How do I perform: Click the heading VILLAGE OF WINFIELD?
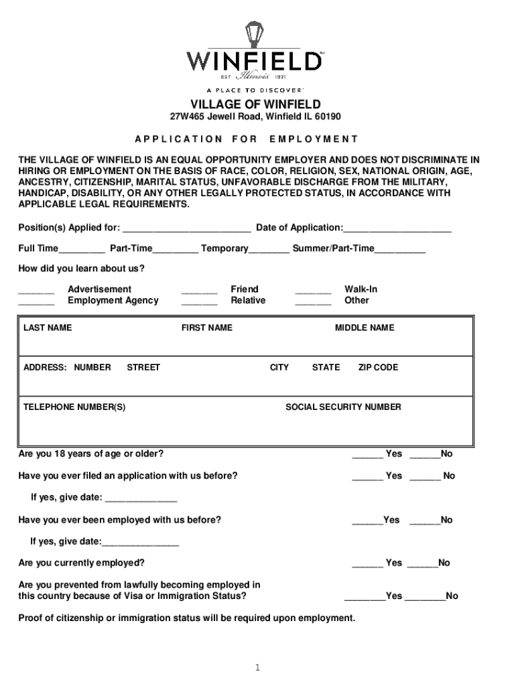255,104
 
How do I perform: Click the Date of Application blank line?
397,228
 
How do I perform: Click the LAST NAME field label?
48,328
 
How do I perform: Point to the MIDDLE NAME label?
365,328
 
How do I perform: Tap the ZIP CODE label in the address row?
378,367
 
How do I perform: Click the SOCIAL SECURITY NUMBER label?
343,407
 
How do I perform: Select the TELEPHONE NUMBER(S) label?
74,407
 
